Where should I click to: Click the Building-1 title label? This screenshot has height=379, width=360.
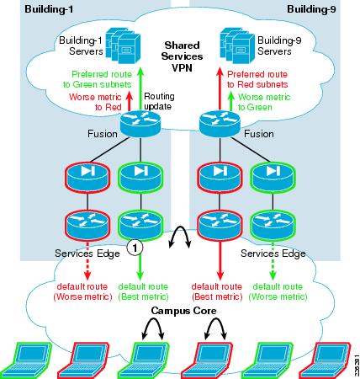coord(49,9)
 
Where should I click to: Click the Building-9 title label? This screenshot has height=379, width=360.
coord(311,9)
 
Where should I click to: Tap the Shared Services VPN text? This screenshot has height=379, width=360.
coord(182,56)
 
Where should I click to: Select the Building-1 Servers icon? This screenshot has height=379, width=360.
coord(123,45)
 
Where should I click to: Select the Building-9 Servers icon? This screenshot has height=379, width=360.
coord(237,45)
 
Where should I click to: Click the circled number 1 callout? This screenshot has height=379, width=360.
coord(135,248)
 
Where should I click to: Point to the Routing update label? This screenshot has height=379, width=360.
coord(159,101)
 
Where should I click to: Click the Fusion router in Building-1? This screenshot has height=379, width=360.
coord(140,124)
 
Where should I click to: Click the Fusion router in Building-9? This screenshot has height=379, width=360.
coord(220,124)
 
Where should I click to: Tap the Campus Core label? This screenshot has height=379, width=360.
coord(183,311)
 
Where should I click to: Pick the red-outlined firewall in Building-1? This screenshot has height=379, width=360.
coord(87,178)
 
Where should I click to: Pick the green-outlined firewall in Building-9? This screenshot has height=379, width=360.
coord(273,178)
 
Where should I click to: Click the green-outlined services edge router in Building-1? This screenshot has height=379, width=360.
coord(140,226)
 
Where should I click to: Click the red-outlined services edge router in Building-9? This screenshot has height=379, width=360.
coord(220,226)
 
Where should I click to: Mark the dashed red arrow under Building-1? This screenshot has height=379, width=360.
coord(87,261)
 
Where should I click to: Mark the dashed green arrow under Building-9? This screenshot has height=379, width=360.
coord(273,261)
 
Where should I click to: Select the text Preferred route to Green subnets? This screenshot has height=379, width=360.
coord(98,79)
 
